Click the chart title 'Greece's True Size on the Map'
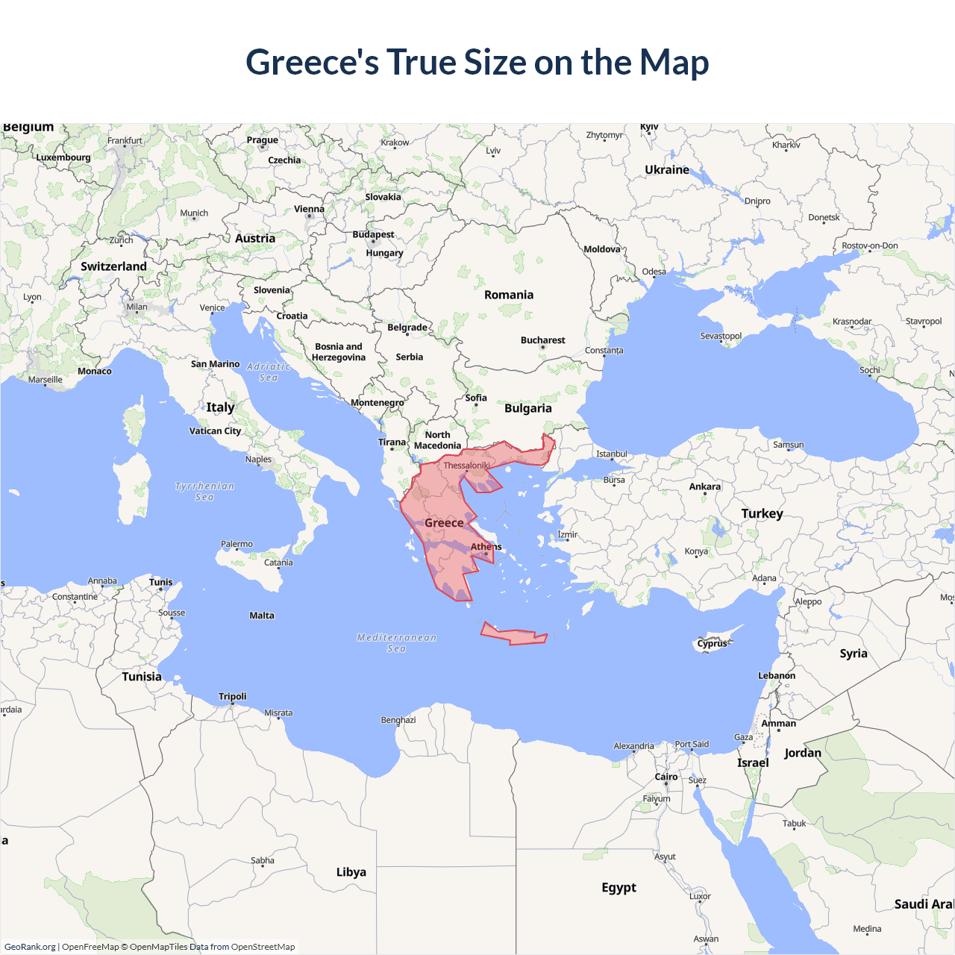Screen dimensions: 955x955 pos(477,62)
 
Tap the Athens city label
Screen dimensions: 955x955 pos(486,546)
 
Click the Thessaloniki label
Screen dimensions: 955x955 pos(467,466)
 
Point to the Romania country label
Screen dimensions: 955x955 pos(509,295)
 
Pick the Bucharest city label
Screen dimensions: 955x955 pos(542,340)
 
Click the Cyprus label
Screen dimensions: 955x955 pos(712,643)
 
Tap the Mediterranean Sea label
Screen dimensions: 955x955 pos(396,642)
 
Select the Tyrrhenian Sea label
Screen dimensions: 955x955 pos(204,491)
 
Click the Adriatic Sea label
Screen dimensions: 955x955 pos(269,372)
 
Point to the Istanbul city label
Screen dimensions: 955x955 pos(611,454)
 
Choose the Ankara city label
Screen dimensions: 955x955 pos(704,486)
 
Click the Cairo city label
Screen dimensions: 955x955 pos(666,777)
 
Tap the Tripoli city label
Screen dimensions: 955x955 pos(232,696)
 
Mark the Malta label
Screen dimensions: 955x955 pos(262,616)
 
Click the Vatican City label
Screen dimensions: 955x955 pos(215,430)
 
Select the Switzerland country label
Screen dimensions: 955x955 pos(113,266)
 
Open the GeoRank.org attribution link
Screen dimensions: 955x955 pos(30,947)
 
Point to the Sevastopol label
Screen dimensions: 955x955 pos(721,336)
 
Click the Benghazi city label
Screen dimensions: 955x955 pos(398,720)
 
